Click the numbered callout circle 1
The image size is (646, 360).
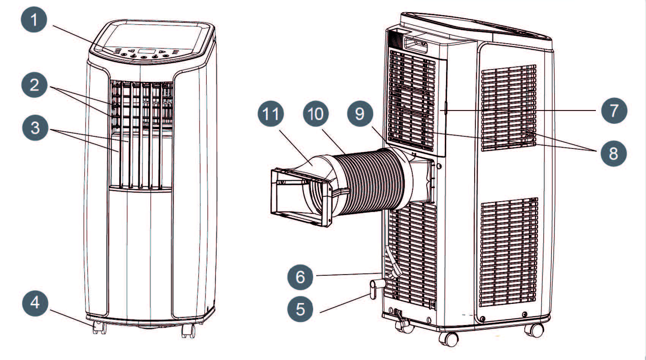click(34, 19)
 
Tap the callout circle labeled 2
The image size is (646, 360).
click(34, 84)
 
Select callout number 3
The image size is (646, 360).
click(35, 128)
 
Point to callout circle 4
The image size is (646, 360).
click(35, 303)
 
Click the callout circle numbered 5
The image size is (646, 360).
click(300, 309)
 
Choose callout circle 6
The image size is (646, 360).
click(300, 276)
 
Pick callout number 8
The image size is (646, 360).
click(613, 153)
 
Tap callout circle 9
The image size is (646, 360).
click(360, 114)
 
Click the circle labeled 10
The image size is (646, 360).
click(316, 114)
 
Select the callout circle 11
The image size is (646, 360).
click(271, 114)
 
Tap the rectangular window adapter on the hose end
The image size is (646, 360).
click(300, 197)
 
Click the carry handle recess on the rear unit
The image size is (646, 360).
click(416, 44)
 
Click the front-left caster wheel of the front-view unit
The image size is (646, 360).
click(99, 327)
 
